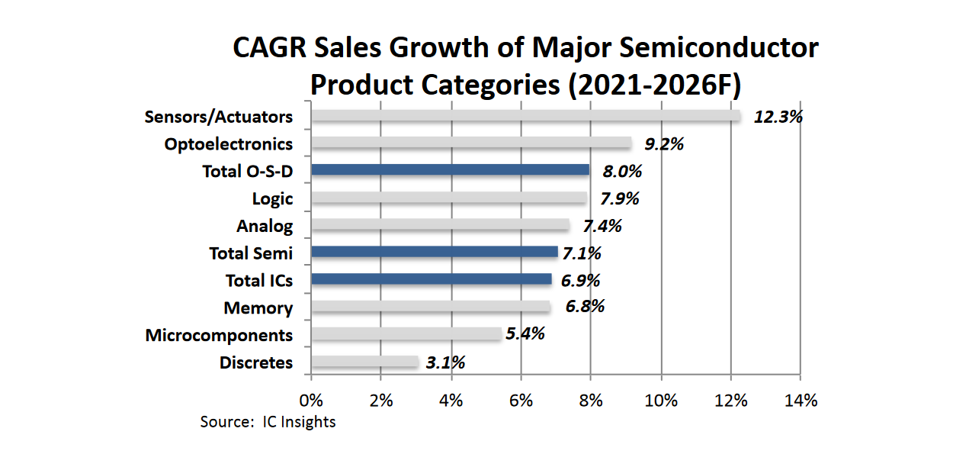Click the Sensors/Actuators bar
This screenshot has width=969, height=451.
tap(526, 116)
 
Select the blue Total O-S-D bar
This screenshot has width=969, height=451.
tap(451, 169)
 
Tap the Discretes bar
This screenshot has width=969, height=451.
tap(364, 362)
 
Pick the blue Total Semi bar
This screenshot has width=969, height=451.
tap(435, 252)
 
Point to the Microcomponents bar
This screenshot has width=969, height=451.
tap(406, 334)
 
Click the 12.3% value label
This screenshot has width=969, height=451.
tap(778, 118)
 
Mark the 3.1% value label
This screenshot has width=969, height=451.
tap(445, 362)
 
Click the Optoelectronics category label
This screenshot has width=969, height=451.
tap(229, 143)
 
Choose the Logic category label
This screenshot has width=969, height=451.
tap(272, 198)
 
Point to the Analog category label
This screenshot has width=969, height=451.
tap(265, 226)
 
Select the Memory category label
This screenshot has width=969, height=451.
tap(258, 308)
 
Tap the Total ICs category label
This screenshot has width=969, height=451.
tap(259, 281)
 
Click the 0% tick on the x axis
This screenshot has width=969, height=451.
tap(311, 400)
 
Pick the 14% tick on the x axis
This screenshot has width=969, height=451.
tap(800, 400)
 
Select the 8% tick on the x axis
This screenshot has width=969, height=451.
tap(591, 400)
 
